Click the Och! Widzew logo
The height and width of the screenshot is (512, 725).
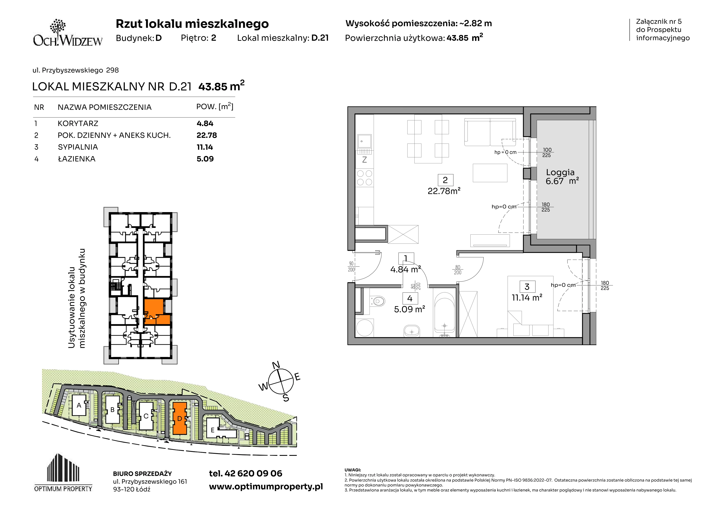[68, 33]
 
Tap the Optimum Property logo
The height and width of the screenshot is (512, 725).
[63, 473]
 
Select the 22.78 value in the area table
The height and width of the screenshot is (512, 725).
[207, 135]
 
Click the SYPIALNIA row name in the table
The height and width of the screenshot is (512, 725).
[78, 147]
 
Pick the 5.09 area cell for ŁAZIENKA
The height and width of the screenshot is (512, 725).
[205, 159]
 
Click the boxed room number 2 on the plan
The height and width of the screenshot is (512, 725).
[445, 180]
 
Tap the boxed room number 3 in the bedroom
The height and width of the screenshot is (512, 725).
[527, 287]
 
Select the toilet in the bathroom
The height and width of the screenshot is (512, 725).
[377, 301]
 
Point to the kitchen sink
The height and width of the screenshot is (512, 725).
[364, 141]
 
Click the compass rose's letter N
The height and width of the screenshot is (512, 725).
[276, 365]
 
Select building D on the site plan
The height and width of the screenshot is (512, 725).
[180, 418]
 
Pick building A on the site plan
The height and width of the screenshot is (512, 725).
[79, 405]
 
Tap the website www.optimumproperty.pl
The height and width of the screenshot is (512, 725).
[266, 487]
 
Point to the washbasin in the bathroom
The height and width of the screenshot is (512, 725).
[412, 331]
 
